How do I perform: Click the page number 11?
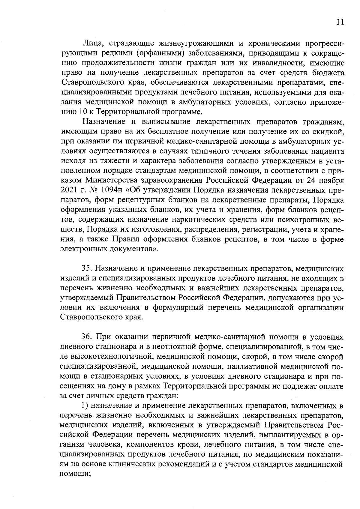[x=340, y=22]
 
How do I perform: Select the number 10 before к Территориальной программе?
[x=76, y=112]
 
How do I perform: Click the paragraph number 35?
[x=87, y=269]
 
